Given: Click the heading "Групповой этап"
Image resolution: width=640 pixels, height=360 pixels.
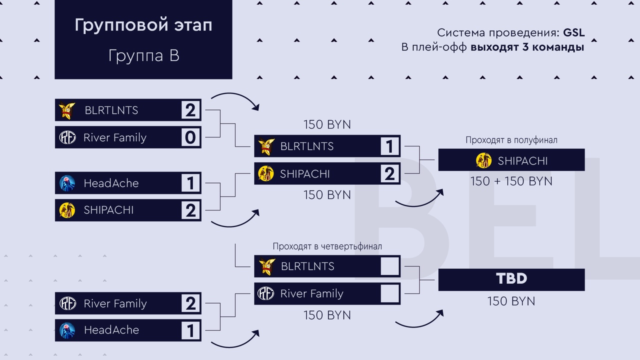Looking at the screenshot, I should (143, 25).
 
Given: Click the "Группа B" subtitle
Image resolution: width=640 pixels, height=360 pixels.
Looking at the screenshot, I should (143, 55).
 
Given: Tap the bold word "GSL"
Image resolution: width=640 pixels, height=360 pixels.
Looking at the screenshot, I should (573, 33).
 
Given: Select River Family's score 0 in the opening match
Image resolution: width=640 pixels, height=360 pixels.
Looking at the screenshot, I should (190, 137).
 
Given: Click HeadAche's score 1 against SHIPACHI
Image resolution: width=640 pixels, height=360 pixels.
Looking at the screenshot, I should (190, 183).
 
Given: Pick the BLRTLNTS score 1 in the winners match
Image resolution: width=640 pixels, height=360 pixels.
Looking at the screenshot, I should (389, 146).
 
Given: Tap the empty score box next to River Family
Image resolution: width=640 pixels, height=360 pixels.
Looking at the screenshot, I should (389, 293).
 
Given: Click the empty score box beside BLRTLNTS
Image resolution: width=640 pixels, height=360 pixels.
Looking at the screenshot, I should (389, 266).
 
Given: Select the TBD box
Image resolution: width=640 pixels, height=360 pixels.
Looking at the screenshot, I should (511, 279).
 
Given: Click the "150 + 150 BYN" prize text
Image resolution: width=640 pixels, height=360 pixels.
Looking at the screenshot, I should (511, 181).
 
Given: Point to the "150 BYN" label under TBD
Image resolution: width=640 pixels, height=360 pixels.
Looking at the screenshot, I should (511, 301).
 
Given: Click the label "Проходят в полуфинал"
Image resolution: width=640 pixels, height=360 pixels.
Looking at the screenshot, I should (511, 140).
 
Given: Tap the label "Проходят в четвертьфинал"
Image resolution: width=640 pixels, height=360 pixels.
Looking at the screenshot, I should (327, 246).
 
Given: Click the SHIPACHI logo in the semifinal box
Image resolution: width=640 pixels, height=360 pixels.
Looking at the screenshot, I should (483, 160).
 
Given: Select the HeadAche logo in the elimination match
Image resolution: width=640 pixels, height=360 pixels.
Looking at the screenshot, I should (67, 330).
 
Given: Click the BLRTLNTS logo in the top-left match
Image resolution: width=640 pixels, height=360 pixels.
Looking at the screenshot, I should (67, 110).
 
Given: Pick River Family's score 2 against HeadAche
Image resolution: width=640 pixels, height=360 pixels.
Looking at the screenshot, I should (190, 303).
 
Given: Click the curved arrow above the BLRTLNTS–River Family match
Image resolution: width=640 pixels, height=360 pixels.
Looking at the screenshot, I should (235, 99).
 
